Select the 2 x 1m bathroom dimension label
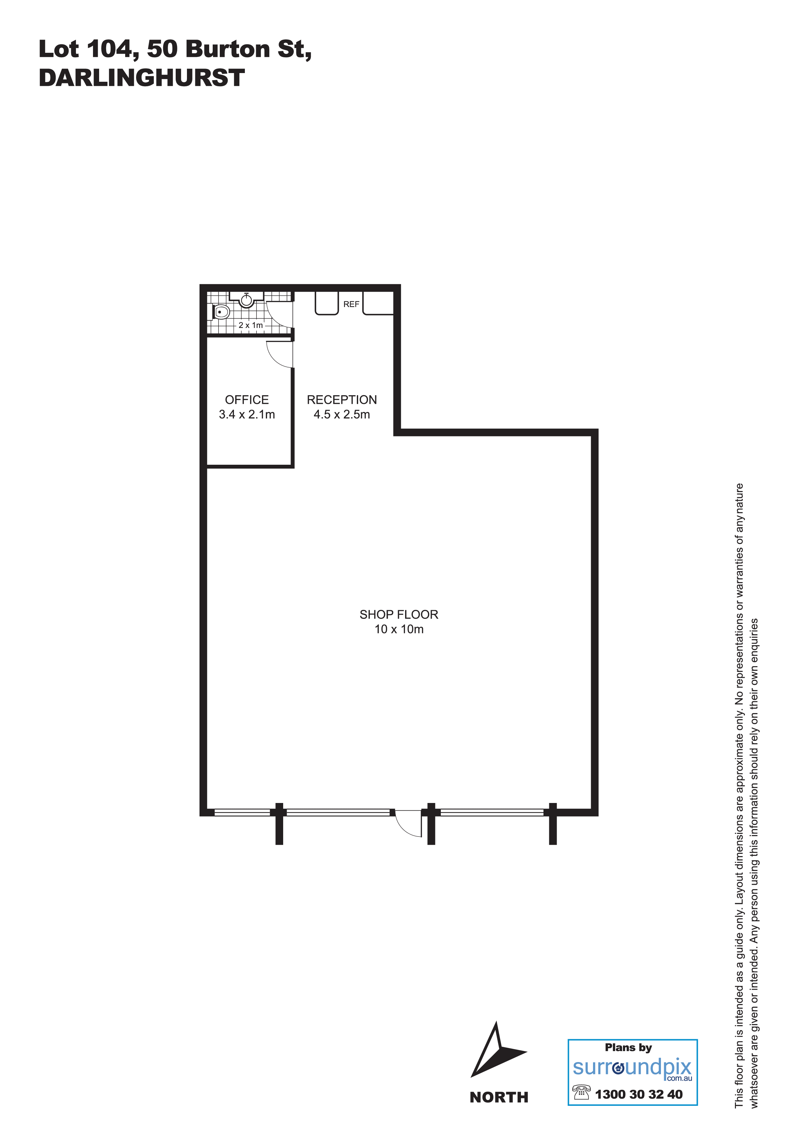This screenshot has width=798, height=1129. tap(251, 325)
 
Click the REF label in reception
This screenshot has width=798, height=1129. tap(351, 304)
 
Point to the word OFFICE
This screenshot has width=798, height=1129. tap(247, 400)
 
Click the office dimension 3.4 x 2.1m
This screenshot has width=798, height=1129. tap(247, 415)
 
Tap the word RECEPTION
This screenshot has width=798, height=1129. tap(342, 400)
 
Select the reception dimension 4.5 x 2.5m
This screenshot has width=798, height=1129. tap(342, 415)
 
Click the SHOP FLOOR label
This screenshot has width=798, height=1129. tap(399, 615)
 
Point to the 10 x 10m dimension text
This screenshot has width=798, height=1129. tap(399, 630)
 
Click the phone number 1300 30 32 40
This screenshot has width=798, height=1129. tap(639, 1095)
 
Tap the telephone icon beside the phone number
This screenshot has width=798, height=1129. tap(581, 1093)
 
